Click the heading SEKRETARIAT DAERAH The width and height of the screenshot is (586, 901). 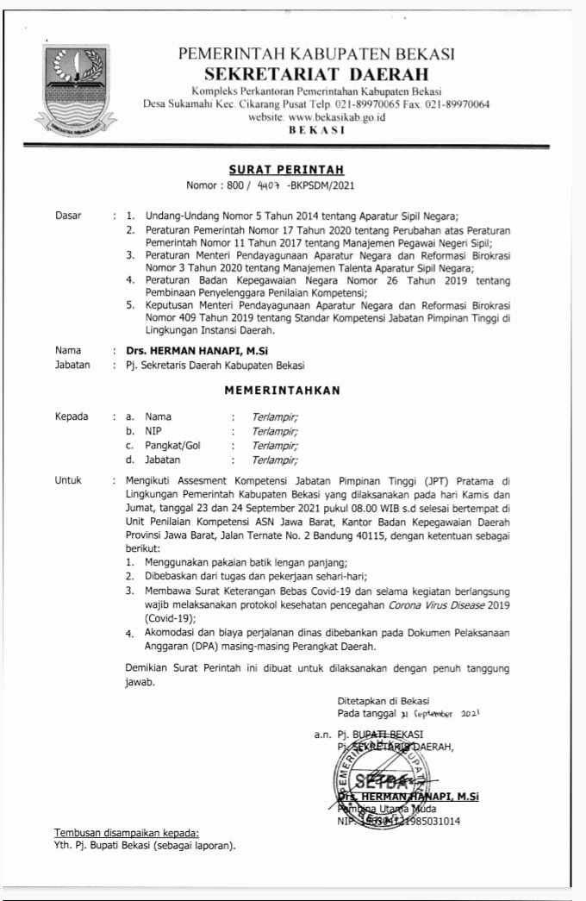coord(315,74)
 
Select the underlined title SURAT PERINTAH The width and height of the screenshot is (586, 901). coord(273,169)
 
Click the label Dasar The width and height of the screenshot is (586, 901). coord(68,216)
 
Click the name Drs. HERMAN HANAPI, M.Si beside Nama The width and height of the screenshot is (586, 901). coord(186,351)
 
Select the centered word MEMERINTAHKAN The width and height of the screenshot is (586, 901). coord(282,390)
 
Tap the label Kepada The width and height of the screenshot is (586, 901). coord(72,416)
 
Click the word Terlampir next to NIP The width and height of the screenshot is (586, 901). coord(275,431)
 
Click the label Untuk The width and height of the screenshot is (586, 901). coord(68,480)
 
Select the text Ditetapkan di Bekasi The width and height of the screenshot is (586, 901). coord(383,701)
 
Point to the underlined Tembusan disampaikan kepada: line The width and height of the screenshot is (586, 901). coord(127,833)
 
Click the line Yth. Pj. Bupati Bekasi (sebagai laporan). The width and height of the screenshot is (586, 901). coord(145,846)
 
